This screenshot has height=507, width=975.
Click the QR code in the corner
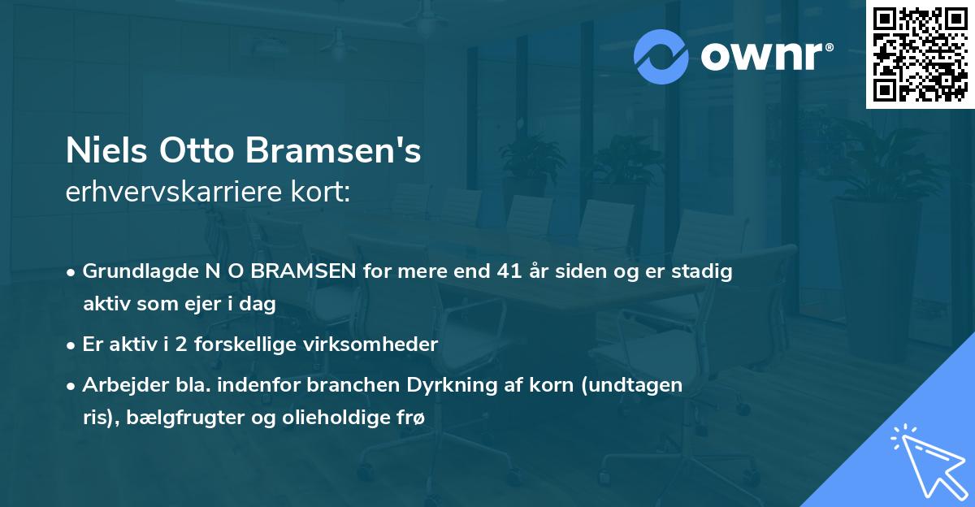[920, 54]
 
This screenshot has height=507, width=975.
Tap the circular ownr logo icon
[661, 56]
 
